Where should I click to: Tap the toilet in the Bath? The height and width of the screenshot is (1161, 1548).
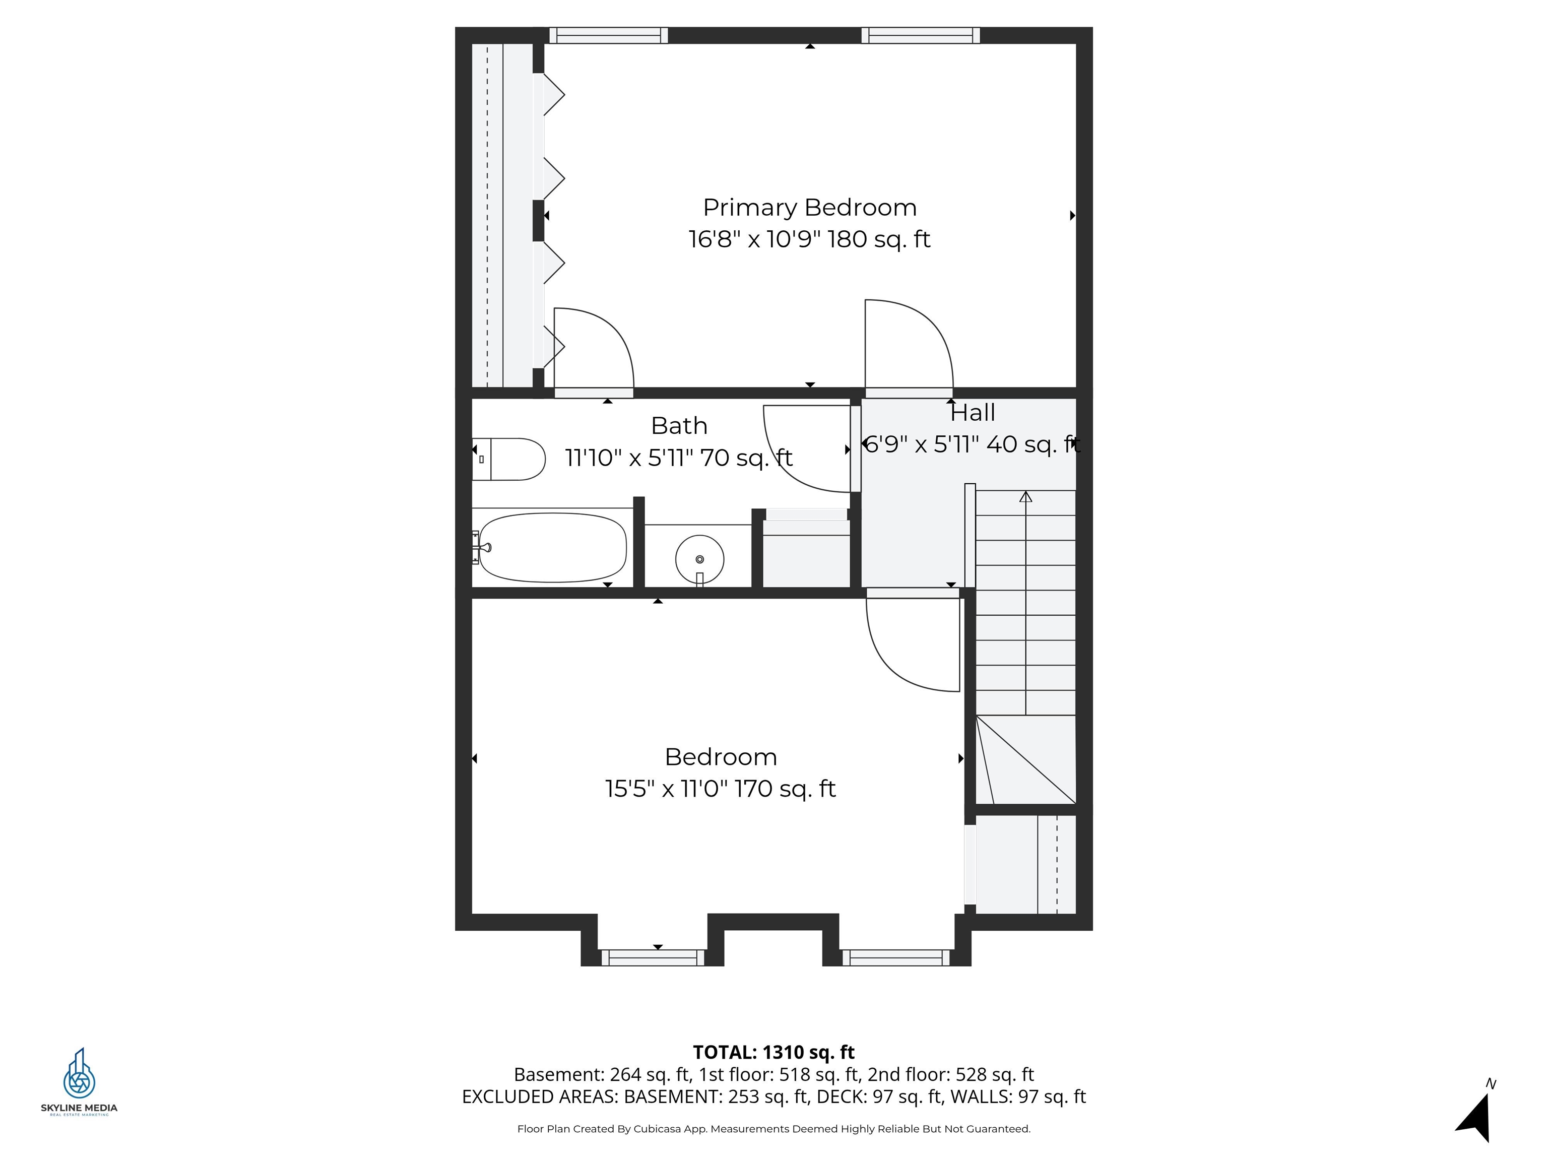point(509,459)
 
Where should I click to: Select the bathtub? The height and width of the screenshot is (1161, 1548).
point(552,547)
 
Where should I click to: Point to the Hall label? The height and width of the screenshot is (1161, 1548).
point(972,413)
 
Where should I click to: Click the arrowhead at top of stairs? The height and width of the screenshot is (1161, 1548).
point(1025,497)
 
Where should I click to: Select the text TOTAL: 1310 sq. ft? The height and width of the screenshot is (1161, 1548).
point(773,1052)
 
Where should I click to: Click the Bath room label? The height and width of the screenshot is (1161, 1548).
point(679,425)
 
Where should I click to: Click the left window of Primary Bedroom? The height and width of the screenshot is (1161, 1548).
point(608,35)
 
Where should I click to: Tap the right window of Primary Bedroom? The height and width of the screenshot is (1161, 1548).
point(920,35)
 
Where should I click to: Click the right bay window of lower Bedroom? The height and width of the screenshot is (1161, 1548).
point(896,957)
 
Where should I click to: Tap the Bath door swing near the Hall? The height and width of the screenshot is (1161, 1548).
point(805,451)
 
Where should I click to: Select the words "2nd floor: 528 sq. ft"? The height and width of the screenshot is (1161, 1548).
point(950,1074)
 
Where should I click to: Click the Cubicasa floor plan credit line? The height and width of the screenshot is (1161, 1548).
point(773,1129)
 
